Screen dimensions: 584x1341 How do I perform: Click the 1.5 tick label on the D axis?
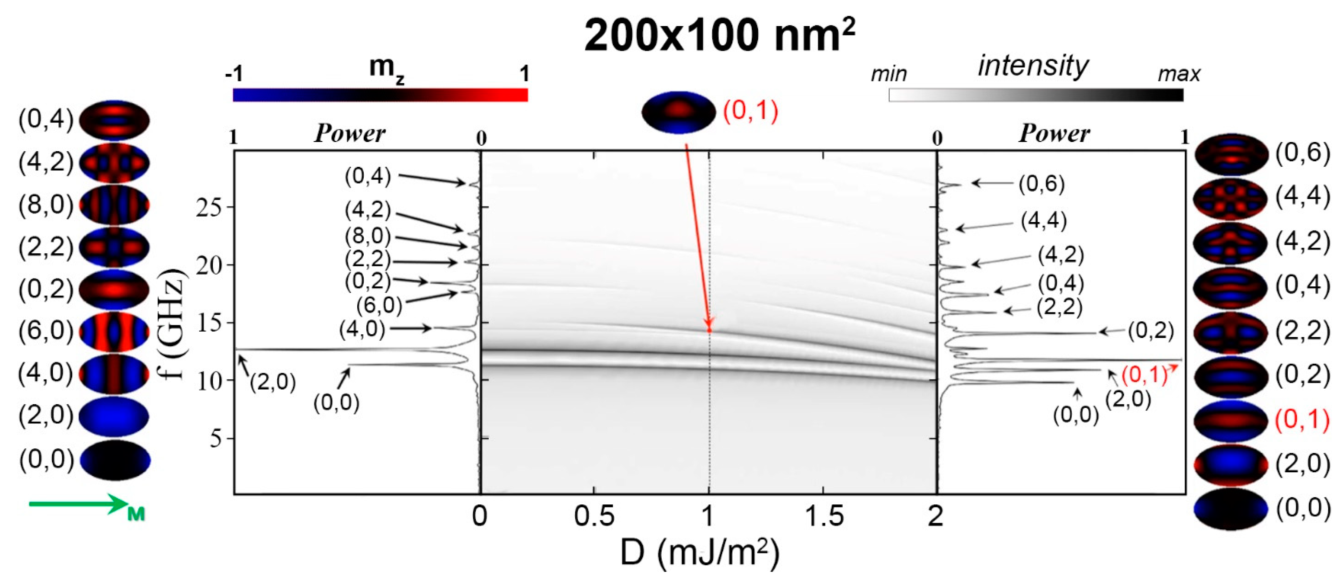coord(823,516)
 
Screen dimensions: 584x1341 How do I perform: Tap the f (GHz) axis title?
coord(173,324)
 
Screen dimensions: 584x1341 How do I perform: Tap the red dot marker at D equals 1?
coord(709,330)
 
